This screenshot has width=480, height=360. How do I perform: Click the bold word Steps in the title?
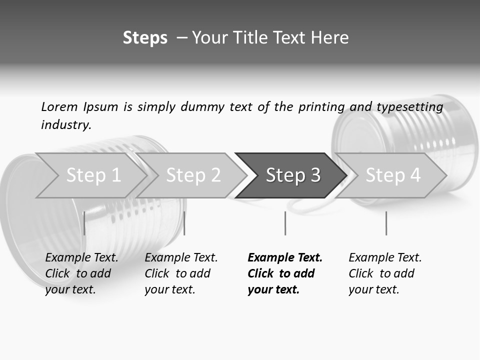(145, 37)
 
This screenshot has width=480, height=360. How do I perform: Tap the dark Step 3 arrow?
(293, 175)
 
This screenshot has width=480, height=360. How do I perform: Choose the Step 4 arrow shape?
(393, 175)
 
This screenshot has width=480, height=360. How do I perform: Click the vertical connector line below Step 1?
(84, 223)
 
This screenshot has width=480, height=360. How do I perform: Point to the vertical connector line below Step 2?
(184, 223)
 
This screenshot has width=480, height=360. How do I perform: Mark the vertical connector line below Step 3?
(285, 223)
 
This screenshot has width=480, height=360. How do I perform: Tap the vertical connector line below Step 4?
(386, 223)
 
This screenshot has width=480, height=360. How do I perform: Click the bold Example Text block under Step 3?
(284, 273)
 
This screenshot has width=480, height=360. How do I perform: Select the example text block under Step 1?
(81, 273)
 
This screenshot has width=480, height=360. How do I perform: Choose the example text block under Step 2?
(181, 273)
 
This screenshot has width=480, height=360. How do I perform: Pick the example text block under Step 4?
(385, 273)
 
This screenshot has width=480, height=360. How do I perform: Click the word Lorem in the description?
(59, 106)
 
